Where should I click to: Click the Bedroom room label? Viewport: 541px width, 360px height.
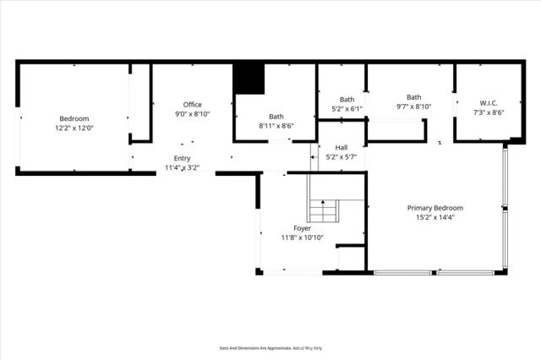click(x=74, y=119)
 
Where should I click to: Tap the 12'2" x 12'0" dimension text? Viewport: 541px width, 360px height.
click(x=74, y=129)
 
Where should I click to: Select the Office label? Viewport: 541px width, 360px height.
click(x=193, y=104)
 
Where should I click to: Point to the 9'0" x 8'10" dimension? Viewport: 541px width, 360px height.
click(x=193, y=114)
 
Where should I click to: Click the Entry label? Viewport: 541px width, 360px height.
click(x=183, y=158)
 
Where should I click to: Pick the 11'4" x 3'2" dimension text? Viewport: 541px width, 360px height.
click(x=183, y=168)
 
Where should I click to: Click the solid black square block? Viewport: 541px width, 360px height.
click(x=249, y=79)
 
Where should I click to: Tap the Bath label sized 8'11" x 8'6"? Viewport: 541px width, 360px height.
click(x=276, y=117)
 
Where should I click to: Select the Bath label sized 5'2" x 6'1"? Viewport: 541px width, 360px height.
click(x=347, y=99)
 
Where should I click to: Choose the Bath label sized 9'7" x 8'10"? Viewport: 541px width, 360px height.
click(x=413, y=97)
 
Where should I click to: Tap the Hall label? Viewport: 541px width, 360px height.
click(x=342, y=147)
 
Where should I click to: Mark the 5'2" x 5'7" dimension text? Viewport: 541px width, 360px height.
click(x=342, y=157)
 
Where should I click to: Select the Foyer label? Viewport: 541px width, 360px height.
click(x=302, y=228)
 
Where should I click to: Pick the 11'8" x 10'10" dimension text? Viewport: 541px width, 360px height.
click(x=302, y=238)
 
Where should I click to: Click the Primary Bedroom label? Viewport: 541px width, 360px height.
click(x=435, y=208)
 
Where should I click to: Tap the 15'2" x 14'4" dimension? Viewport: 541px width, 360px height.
click(x=435, y=218)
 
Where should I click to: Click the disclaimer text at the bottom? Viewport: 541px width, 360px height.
click(x=270, y=347)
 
